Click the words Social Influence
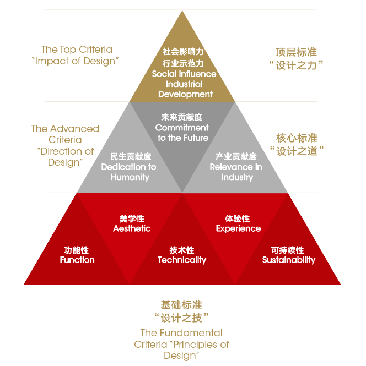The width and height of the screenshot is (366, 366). point(184,74)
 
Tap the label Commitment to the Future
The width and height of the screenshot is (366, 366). point(182,133)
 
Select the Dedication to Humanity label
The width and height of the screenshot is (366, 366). point(129,172)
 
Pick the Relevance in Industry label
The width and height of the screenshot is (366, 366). point(236,172)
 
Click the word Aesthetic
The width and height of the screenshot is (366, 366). point(132,228)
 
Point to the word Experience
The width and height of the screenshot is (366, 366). point(238,228)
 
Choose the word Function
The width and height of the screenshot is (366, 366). point(77,260)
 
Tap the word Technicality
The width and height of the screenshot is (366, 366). point(182,260)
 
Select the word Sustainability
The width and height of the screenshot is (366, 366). point(288,260)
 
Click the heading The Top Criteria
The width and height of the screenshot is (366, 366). point(77,50)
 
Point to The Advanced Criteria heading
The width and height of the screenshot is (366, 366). point(65,134)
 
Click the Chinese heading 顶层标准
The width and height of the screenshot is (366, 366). point(296,52)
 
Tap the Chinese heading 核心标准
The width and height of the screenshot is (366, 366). point(296,138)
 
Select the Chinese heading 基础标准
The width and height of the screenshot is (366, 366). point(181,304)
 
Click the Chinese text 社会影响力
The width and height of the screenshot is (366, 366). point(184,51)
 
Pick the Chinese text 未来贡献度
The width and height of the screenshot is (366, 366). point(182,117)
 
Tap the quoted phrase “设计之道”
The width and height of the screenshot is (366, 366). point(296,151)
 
